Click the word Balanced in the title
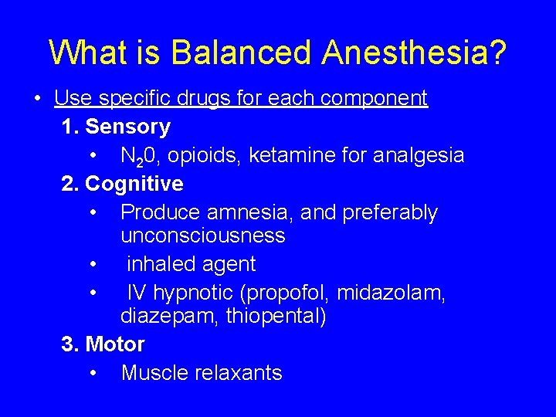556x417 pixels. click(242, 52)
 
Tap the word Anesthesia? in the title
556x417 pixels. click(415, 52)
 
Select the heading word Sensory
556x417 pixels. click(127, 127)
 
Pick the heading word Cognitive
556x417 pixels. click(134, 184)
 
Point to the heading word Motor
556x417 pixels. click(115, 344)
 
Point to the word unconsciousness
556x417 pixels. click(203, 236)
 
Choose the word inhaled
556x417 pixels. click(158, 264)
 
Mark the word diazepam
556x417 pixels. click(169, 317)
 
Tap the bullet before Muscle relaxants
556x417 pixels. click(93, 374)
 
